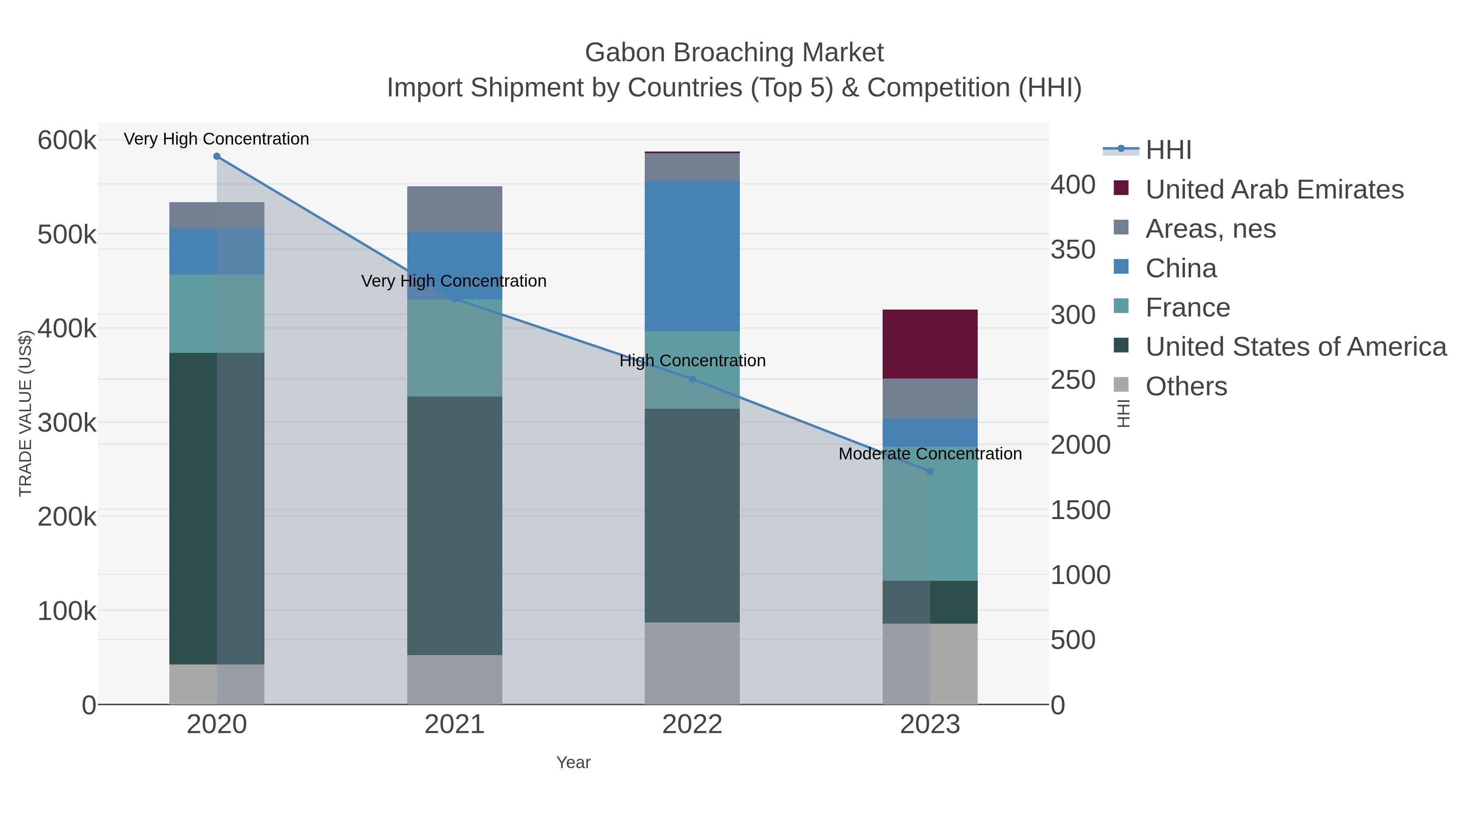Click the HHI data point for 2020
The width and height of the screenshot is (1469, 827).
tap(217, 156)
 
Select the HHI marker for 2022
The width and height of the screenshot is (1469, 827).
tap(692, 379)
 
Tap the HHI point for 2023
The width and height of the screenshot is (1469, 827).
tap(930, 471)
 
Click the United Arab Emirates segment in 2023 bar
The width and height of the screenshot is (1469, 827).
tap(930, 344)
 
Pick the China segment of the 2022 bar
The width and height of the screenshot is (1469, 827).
tap(692, 256)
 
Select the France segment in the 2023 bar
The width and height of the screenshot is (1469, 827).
tap(930, 514)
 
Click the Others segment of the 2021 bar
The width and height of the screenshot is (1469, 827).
tap(455, 680)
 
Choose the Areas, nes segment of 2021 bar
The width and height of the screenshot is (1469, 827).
tap(455, 209)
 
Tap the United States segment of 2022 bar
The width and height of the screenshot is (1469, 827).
tap(692, 515)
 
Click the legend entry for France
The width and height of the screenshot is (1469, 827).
tap(1187, 308)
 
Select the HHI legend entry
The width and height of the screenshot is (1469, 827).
tap(1168, 150)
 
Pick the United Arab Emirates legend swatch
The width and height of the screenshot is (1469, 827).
tap(1121, 188)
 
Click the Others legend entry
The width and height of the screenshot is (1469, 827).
tap(1186, 386)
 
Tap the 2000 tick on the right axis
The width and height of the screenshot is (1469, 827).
tap(1080, 445)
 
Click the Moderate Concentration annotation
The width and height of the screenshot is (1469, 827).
tap(930, 454)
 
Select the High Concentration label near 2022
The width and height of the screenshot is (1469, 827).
tap(692, 361)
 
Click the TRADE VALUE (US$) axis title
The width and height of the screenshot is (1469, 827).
tap(25, 413)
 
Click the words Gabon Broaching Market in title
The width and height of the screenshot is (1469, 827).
tap(734, 53)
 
